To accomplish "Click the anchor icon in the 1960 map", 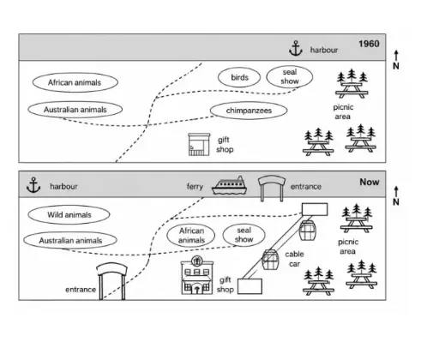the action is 296,48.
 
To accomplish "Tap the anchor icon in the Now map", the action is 33,185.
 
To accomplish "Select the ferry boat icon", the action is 229,185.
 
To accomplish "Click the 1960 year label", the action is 369,44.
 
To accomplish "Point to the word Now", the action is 370,182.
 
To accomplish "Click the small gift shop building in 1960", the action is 199,145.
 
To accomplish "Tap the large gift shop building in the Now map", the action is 197,275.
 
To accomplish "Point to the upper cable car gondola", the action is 308,230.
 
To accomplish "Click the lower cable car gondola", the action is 270,260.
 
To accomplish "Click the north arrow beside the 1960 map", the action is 396,56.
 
